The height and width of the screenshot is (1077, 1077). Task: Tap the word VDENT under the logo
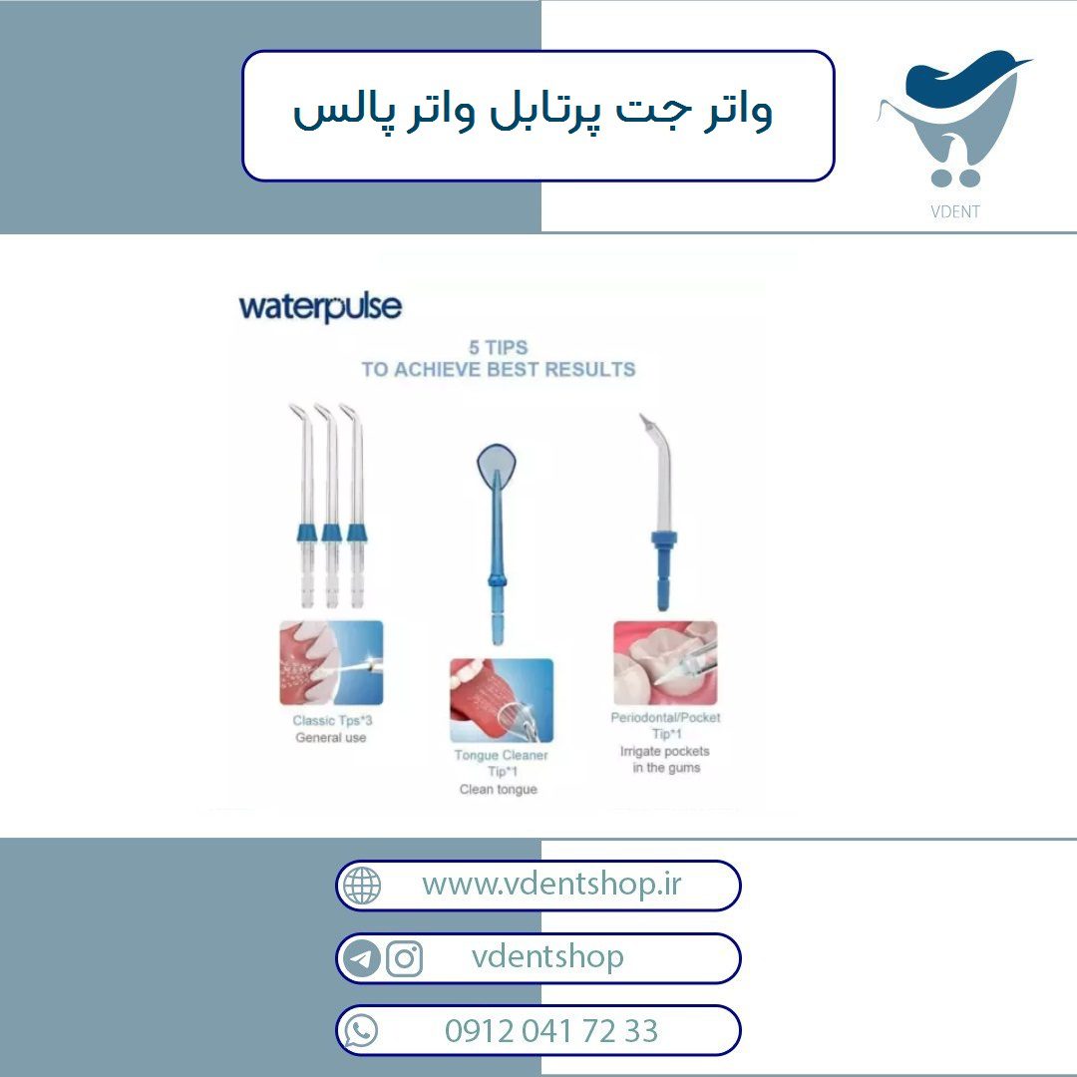(954, 211)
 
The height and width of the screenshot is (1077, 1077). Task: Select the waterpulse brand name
(320, 307)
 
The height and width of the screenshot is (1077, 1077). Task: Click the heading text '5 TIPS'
(498, 348)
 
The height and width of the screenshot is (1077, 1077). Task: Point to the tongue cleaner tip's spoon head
(496, 465)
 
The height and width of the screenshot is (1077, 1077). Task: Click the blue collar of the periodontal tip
(663, 539)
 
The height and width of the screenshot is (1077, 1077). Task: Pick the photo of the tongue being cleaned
(502, 700)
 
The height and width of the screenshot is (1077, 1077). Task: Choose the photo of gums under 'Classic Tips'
(331, 663)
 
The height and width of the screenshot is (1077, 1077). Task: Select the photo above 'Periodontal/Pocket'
(665, 663)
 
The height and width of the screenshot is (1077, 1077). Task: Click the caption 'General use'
(331, 738)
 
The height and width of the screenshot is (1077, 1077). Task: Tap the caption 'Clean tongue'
(499, 789)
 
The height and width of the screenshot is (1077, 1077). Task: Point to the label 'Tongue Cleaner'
(501, 755)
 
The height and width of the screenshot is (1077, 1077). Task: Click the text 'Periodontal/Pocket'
(665, 717)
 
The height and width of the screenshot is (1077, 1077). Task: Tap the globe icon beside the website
(362, 885)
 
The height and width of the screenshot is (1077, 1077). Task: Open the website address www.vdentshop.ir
(551, 884)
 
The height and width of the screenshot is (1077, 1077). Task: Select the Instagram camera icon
(405, 958)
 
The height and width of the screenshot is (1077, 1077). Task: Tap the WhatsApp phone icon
(361, 1031)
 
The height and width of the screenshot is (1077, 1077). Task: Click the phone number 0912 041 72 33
(551, 1031)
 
